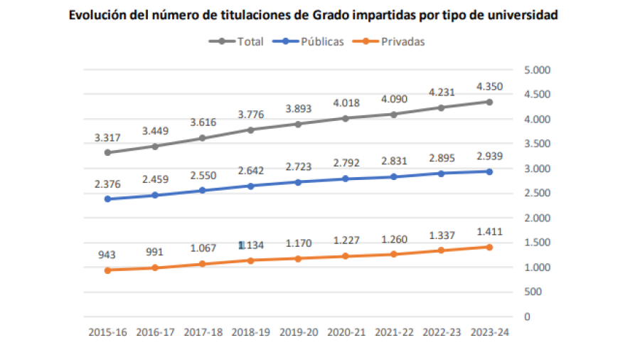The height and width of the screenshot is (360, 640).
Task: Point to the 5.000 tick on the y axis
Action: coord(537,70)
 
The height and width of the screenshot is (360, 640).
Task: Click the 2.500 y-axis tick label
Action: coord(537,194)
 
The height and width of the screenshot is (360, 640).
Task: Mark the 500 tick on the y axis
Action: coord(532,292)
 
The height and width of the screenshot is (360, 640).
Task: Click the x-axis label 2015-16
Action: coord(107,332)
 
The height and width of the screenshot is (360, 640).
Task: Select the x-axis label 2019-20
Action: coord(298,332)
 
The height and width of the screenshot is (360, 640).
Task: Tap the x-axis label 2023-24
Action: coord(489,332)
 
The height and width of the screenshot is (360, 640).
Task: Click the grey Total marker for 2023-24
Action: coord(489,102)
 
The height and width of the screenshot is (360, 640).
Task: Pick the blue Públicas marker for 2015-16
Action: coord(107,198)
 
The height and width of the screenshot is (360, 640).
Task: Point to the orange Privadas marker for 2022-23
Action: coord(441,250)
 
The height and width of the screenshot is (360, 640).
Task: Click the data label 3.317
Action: coord(107,138)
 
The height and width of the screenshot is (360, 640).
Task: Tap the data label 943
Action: coord(107,255)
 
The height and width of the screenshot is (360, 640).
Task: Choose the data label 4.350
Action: coord(489,87)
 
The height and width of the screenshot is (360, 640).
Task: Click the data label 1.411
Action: coord(489,231)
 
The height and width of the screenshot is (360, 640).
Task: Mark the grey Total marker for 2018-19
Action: coord(250,129)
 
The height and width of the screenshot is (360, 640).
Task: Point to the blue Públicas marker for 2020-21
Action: coord(346,179)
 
